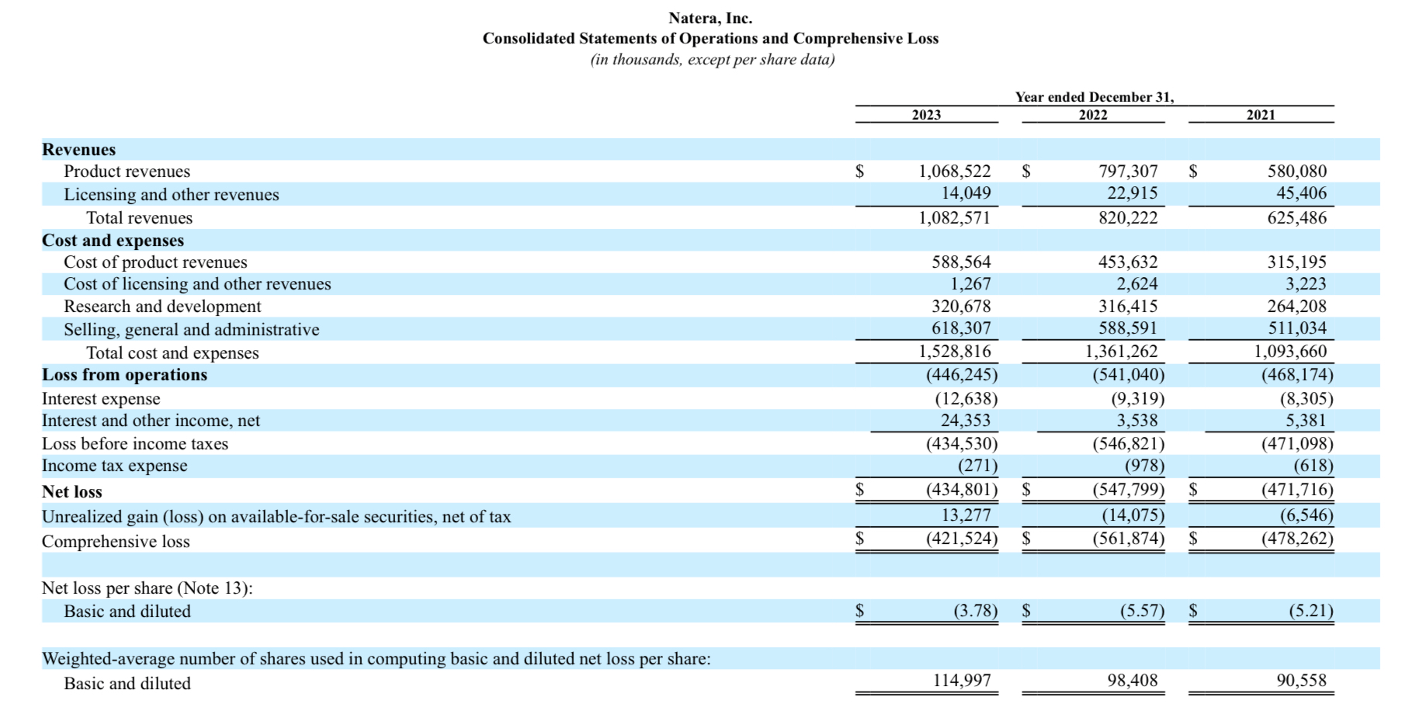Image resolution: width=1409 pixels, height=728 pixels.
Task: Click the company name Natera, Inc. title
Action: click(x=710, y=18)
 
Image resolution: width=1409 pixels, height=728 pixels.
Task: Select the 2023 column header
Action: click(x=926, y=115)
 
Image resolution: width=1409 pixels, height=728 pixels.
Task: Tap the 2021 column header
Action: click(x=1261, y=115)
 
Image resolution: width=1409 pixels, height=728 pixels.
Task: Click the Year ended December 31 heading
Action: click(x=1094, y=97)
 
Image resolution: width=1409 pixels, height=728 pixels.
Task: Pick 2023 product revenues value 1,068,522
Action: click(x=954, y=172)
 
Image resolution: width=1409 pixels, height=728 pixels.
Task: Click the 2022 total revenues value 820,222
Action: click(x=1127, y=218)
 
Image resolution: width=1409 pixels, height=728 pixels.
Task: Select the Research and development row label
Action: click(x=162, y=307)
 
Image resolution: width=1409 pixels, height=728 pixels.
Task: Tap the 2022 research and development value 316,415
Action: click(x=1127, y=307)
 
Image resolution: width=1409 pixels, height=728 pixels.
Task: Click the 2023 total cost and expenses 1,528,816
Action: click(x=954, y=352)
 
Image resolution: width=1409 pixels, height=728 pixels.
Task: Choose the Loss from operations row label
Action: click(x=124, y=375)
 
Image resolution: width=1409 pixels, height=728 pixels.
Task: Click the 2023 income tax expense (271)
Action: click(x=977, y=466)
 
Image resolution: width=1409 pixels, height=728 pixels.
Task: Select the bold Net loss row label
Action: click(x=72, y=492)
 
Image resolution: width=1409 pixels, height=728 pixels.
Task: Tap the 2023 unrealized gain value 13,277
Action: click(x=966, y=515)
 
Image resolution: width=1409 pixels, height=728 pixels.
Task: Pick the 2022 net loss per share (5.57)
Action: click(x=1141, y=611)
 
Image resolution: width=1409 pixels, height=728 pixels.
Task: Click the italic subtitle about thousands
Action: click(x=712, y=60)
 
